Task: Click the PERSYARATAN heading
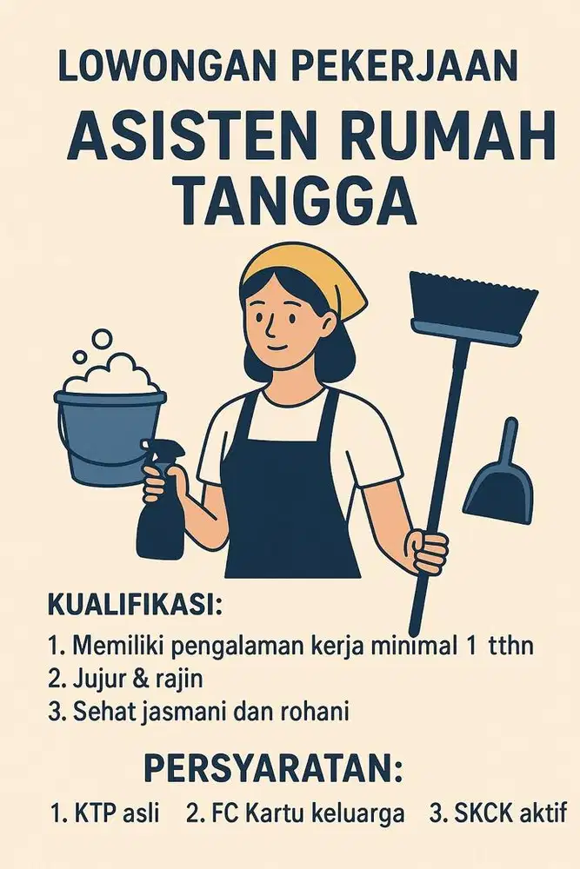tap(274, 768)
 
